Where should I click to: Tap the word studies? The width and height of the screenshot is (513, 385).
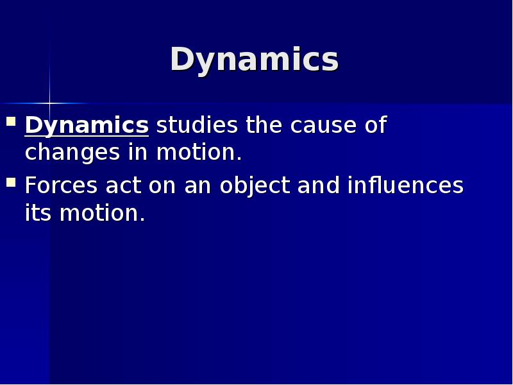pos(197,124)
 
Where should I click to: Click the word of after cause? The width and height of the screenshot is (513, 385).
pos(376,124)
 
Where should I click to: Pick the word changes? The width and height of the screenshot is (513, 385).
pos(72,153)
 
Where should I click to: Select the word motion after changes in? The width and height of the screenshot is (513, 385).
pos(199,153)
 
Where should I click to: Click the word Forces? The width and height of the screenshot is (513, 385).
pos(61,185)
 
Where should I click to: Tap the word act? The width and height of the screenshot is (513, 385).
pos(124,186)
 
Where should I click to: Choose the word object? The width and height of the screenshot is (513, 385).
pos(255,186)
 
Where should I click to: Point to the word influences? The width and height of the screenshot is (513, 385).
pos(405,185)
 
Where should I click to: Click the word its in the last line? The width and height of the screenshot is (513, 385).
pos(38,213)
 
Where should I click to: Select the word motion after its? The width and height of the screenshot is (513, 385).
pos(102,213)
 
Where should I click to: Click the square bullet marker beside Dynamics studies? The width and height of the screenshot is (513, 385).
pos(11,121)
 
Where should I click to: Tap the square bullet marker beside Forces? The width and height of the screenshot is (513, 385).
pos(11,182)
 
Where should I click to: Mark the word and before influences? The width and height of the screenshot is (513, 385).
pos(318,185)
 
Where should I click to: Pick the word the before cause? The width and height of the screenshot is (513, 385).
pos(264,124)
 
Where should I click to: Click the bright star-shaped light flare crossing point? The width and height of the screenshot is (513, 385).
pos(50,103)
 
